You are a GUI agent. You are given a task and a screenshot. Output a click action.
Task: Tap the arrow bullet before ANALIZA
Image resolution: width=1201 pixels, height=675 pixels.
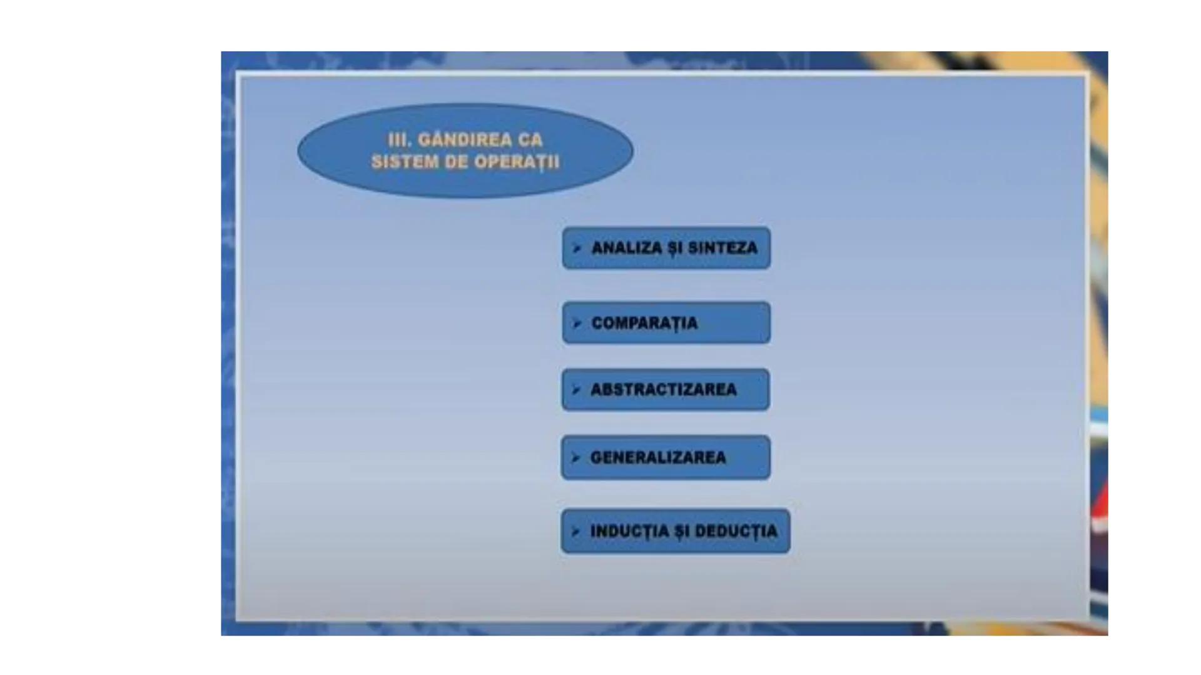[577, 248]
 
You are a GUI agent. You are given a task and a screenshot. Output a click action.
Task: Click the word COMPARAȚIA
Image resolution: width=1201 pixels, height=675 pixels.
[644, 323]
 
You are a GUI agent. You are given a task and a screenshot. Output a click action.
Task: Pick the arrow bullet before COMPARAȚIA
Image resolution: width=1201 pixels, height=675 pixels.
[577, 323]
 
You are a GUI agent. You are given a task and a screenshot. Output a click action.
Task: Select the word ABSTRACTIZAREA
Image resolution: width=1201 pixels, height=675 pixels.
[664, 390]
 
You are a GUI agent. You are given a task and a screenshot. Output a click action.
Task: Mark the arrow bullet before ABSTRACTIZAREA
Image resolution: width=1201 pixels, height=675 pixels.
[576, 390]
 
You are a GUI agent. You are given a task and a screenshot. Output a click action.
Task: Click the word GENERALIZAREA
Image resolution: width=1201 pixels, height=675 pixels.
[658, 457]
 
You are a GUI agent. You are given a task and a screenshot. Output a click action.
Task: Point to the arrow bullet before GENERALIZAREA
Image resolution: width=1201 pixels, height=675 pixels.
[576, 457]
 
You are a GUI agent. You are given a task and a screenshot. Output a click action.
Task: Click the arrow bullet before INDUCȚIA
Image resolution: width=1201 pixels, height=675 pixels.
[576, 531]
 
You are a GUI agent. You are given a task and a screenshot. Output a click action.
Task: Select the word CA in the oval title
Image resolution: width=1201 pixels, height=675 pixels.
[530, 140]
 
